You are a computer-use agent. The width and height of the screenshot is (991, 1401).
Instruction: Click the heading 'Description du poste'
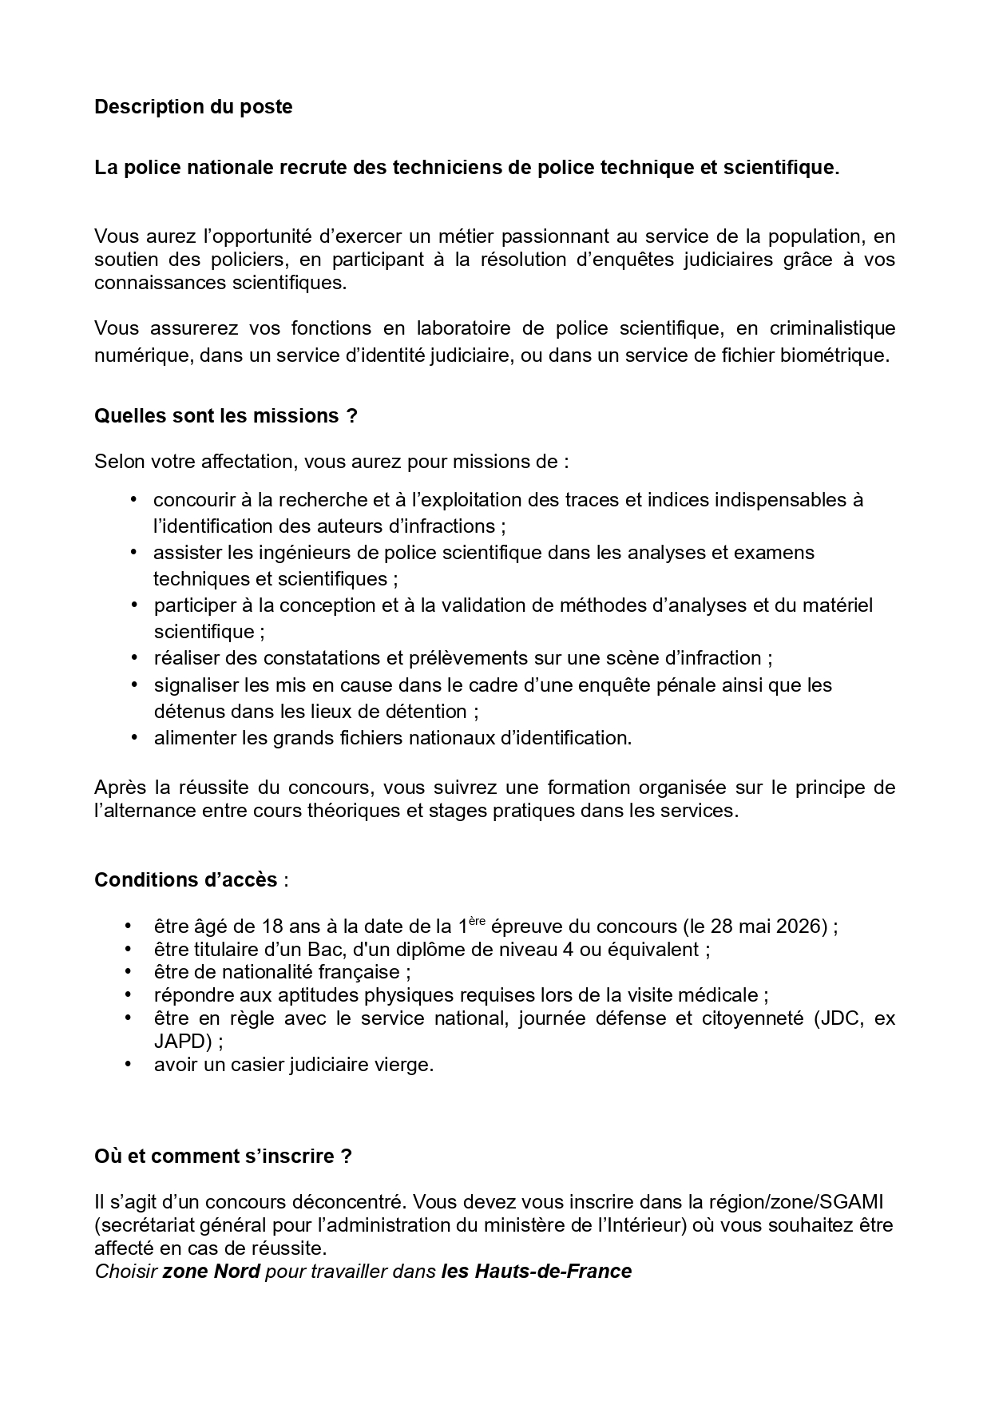(193, 107)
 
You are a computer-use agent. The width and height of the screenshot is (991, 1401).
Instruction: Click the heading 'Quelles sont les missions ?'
(225, 416)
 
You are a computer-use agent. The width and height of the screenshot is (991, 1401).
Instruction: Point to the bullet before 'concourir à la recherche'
(133, 500)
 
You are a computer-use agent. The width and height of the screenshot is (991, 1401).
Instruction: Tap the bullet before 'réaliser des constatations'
(133, 658)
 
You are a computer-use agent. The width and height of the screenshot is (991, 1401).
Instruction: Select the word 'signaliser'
(191, 685)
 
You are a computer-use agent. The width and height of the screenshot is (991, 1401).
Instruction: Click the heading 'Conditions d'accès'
(186, 880)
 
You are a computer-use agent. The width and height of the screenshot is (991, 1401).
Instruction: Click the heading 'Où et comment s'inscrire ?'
(223, 1157)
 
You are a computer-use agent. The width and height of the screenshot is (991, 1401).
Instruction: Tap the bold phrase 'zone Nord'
(211, 1272)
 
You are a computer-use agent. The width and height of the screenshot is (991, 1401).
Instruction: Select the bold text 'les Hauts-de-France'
(536, 1272)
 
